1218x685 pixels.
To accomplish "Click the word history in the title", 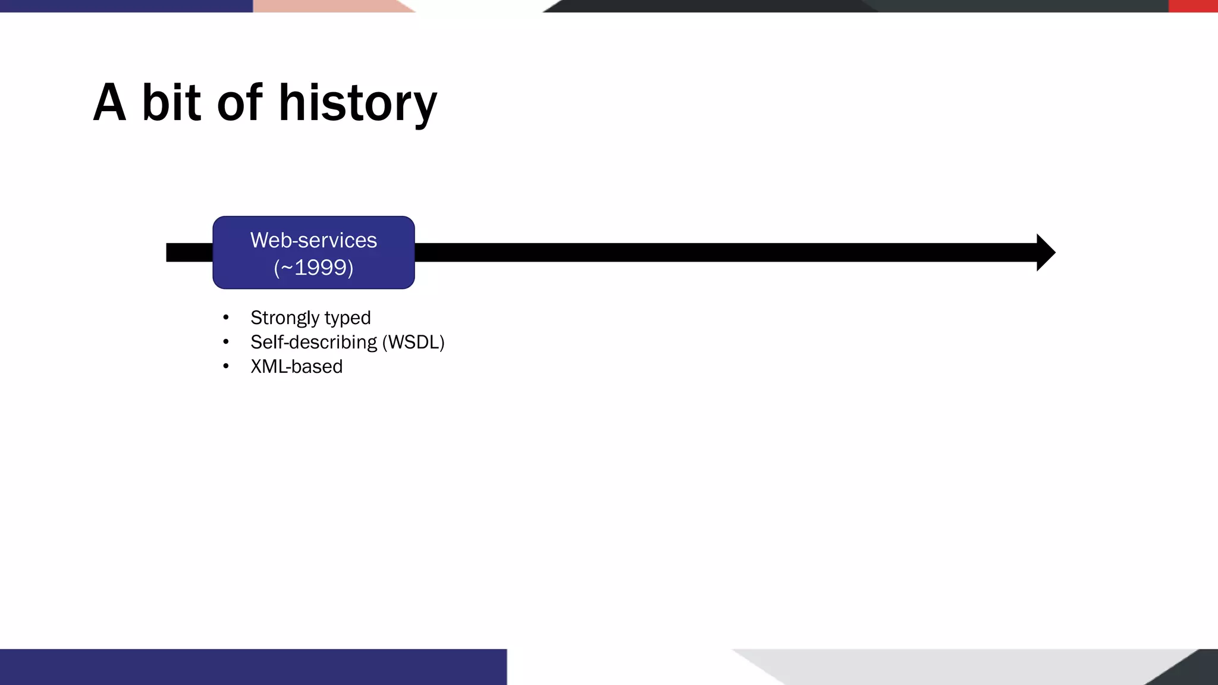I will [357, 104].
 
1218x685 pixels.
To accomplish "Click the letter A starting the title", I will [110, 103].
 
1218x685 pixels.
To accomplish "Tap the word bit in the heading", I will [171, 103].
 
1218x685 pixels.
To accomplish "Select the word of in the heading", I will [239, 103].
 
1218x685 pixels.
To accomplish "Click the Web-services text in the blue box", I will [313, 240].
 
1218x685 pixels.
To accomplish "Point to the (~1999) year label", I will [313, 268].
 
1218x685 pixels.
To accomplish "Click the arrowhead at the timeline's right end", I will [1045, 253].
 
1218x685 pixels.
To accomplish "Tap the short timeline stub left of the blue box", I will [189, 253].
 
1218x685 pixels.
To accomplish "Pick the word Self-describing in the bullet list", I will [313, 342].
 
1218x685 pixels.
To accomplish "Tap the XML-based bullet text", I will [296, 367].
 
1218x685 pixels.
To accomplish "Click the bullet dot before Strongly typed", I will [226, 318].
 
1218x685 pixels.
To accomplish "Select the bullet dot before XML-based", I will [226, 367].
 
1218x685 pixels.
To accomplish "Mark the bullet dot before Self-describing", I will [226, 342].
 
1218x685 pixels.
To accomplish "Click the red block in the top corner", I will [1193, 6].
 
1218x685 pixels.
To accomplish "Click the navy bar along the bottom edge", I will [253, 667].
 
